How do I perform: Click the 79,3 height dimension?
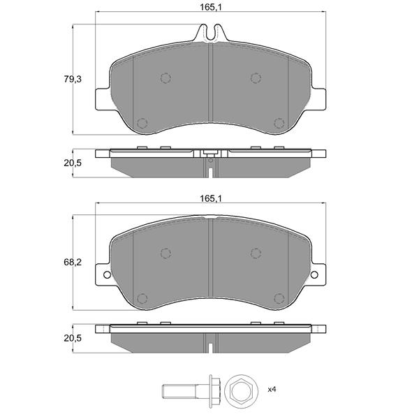[73, 79]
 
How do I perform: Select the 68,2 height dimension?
[73, 263]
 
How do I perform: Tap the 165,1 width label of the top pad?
[211, 8]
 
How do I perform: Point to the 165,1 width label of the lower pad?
[211, 198]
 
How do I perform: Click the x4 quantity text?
[272, 390]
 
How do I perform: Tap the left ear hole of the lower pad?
[107, 274]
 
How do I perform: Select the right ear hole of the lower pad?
[314, 274]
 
